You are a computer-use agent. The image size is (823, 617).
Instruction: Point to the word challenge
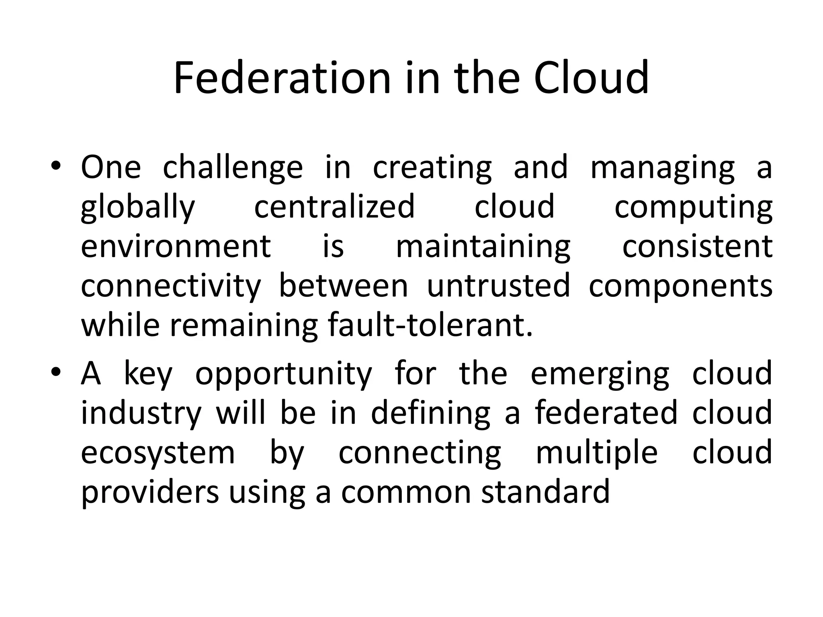click(x=233, y=168)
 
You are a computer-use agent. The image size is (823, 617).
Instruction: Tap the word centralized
click(x=334, y=206)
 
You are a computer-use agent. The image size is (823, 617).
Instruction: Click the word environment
click(x=176, y=246)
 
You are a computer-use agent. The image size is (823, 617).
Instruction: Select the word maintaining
click(x=483, y=247)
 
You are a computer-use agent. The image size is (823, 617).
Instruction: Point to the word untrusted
click(x=498, y=286)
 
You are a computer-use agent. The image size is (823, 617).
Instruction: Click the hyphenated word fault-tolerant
click(x=430, y=325)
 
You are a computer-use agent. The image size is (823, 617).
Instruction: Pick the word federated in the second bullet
click(x=606, y=413)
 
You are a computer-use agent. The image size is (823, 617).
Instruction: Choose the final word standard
click(x=546, y=492)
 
